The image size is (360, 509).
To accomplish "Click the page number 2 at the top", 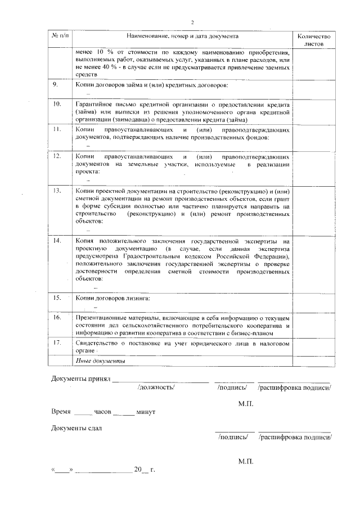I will pos(192,22).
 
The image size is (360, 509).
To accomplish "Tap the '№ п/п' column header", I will pos(60,35).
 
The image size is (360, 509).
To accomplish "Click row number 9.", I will pos(55,85).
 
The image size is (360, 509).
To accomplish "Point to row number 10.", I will pos(57,105).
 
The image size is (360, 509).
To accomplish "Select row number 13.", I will pos(57,191).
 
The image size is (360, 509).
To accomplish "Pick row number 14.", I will pos(57,240).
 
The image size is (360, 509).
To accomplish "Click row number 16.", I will pos(57,317).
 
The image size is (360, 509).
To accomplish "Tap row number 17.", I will pos(57,343).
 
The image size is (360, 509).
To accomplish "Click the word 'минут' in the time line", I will pos(146,412).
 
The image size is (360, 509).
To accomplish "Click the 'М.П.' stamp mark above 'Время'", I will pos(246,403).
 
